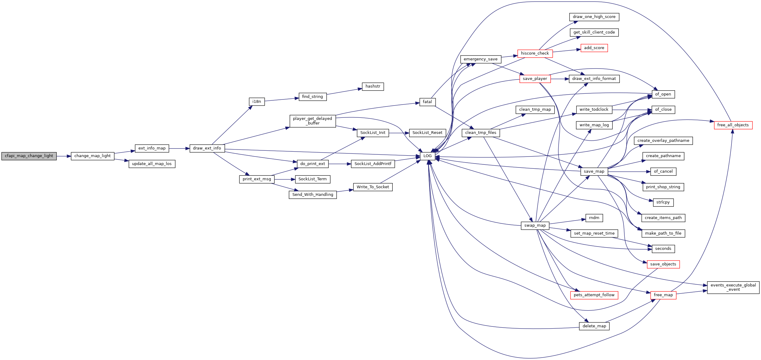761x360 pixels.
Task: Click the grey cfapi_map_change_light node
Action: point(29,156)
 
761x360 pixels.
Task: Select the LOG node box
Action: point(427,156)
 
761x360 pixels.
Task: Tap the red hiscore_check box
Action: point(535,53)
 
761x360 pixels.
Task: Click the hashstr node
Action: point(373,86)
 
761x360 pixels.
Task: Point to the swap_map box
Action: point(535,225)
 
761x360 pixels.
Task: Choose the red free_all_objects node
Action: point(733,125)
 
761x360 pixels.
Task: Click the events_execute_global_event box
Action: point(733,287)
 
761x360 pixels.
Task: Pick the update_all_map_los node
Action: point(152,164)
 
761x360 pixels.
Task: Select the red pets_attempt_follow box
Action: point(594,295)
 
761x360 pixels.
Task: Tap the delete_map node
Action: point(594,326)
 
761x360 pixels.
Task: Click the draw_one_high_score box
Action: point(594,17)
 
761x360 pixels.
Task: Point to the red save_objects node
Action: point(663,264)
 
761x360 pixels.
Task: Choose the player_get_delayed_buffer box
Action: point(313,121)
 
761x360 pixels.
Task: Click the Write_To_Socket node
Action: point(373,187)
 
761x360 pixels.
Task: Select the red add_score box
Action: point(594,48)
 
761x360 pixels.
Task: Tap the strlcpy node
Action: point(663,202)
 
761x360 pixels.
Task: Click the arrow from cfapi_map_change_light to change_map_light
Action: point(64,156)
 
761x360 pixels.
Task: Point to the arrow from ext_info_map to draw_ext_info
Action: point(179,149)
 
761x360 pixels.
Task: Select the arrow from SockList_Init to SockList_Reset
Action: point(399,133)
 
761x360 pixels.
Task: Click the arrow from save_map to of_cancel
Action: point(629,172)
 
